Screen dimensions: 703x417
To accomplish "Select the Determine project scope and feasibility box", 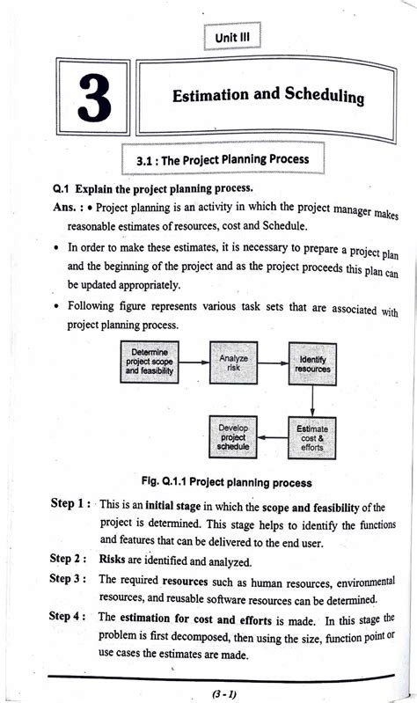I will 152,363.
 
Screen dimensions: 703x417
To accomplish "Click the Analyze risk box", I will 233,363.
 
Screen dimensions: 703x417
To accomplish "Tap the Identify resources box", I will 314,364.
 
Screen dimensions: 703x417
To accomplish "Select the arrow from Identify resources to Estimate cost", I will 314,400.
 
